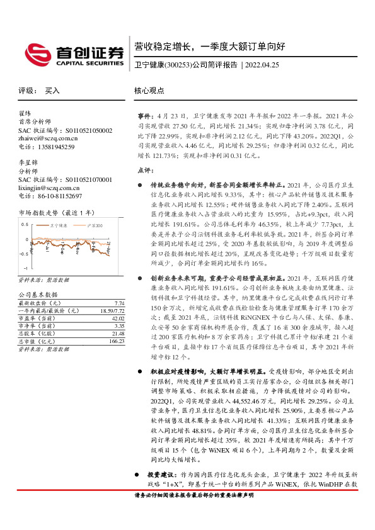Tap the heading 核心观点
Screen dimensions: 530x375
[x=149, y=91]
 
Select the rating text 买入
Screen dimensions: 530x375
[x=52, y=91]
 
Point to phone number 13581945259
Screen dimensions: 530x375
[x=55, y=147]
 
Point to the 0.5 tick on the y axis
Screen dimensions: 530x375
[x=25, y=224]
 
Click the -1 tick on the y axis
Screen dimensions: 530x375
[x=25, y=268]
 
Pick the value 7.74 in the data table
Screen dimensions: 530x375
[x=120, y=303]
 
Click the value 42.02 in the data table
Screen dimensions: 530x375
[x=118, y=319]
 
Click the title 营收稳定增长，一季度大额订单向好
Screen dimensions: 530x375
[x=211, y=47]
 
